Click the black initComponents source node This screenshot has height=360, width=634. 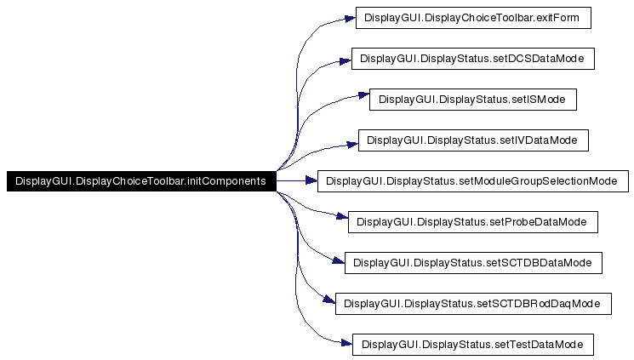(140, 181)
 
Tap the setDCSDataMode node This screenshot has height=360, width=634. (472, 59)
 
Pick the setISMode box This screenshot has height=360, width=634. (472, 100)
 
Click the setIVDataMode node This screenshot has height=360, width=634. (472, 140)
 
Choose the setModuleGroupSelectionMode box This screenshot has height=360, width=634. (472, 181)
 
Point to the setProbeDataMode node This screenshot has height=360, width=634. (472, 222)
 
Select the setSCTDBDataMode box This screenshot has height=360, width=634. (472, 263)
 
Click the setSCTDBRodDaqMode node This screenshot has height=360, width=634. (472, 304)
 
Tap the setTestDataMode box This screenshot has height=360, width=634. (472, 345)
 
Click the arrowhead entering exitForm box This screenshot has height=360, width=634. (349, 18)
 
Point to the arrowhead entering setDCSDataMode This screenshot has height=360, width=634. (346, 59)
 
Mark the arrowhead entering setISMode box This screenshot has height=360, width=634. (363, 100)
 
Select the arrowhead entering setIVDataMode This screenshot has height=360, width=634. (352, 140)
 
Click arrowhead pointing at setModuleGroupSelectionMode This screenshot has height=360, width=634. (311, 181)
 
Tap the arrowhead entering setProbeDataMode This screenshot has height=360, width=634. (343, 222)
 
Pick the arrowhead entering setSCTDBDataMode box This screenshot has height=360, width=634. (339, 263)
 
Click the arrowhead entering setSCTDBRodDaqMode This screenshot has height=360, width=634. (330, 303)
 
